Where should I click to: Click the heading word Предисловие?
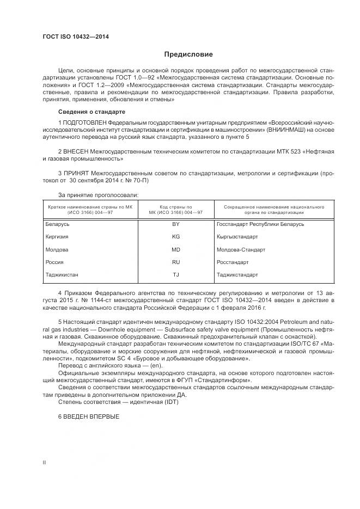pos(188,54)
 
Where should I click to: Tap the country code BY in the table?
pos(176,224)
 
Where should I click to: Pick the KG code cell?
pos(176,237)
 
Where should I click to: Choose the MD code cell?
pos(176,250)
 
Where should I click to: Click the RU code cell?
pos(176,262)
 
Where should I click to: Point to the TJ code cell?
pos(176,275)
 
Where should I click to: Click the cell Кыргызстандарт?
pos(237,237)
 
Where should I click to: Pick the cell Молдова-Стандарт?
pos(241,250)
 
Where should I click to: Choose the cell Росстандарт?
pos(233,262)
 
